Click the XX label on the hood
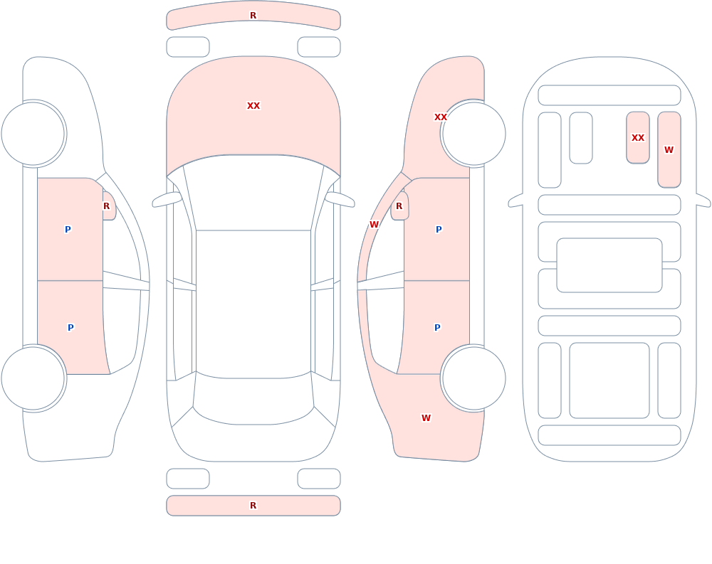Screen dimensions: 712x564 tap(253, 106)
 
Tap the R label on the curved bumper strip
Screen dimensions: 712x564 tap(253, 16)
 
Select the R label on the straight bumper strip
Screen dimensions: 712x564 tap(253, 506)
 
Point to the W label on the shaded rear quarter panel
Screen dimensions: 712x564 tap(426, 418)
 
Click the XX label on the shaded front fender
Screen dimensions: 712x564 tap(441, 117)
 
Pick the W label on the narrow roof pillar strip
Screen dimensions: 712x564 tap(375, 224)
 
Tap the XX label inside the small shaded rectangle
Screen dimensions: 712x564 tap(638, 137)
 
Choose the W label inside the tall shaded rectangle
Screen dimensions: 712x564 tap(669, 150)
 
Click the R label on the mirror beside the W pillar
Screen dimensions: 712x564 tap(399, 206)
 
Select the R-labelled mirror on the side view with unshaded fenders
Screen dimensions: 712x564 tap(109, 206)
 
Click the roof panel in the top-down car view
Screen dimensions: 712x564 tap(253, 304)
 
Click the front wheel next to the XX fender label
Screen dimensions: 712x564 tap(473, 134)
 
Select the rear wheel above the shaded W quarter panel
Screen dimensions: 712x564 tap(473, 378)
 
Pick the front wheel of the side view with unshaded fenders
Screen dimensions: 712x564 tap(33, 134)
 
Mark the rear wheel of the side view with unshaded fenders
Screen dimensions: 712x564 tap(33, 378)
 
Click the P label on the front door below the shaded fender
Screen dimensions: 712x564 tap(439, 229)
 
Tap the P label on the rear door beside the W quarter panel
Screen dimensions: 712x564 tap(437, 328)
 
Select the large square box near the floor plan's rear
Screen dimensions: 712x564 tap(609, 381)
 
